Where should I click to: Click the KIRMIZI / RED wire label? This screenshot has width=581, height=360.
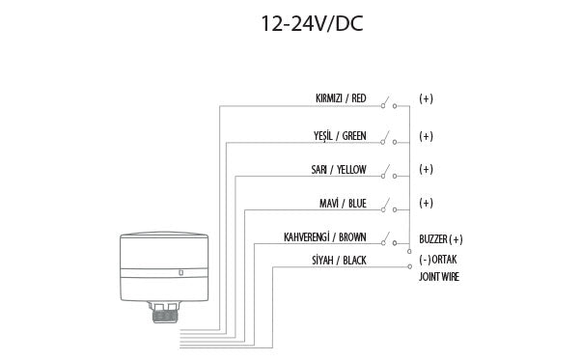pyautogui.click(x=341, y=98)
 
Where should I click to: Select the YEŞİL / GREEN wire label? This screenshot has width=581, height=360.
pyautogui.click(x=341, y=134)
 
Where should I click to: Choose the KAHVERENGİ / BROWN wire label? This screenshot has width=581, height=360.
pyautogui.click(x=324, y=237)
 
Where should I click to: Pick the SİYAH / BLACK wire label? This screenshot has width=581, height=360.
pyautogui.click(x=339, y=261)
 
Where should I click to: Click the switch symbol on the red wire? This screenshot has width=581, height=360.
pyautogui.click(x=388, y=101)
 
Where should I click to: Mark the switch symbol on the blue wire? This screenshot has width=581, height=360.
pyautogui.click(x=388, y=207)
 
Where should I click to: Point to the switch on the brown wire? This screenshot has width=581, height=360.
pyautogui.click(x=388, y=239)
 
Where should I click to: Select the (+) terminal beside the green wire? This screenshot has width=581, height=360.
pyautogui.click(x=426, y=135)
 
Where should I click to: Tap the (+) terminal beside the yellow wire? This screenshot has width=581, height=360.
pyautogui.click(x=426, y=170)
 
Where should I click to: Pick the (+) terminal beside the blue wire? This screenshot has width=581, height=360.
pyautogui.click(x=426, y=204)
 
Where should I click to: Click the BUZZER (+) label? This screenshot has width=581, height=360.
pyautogui.click(x=441, y=239)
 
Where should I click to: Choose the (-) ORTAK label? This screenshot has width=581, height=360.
pyautogui.click(x=439, y=260)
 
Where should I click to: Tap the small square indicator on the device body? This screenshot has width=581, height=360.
pyautogui.click(x=181, y=273)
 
